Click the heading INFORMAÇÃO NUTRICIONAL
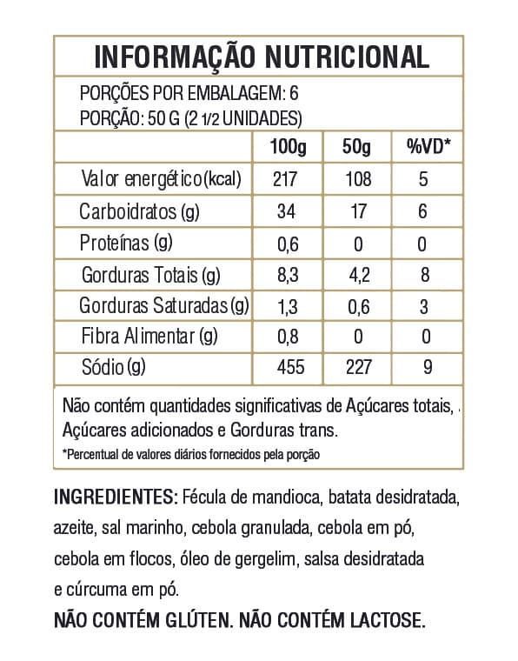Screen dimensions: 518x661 (x=261, y=57)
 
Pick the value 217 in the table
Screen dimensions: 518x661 (x=287, y=180)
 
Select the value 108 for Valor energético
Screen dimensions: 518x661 (x=356, y=180)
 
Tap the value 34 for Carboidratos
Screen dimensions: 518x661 (x=287, y=212)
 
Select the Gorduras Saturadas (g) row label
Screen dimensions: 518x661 (x=164, y=306)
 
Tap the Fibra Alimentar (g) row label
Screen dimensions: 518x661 (x=149, y=337)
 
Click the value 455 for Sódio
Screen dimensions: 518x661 (x=288, y=368)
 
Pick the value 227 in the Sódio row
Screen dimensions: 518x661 (x=357, y=368)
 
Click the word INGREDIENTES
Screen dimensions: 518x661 (x=116, y=497)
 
